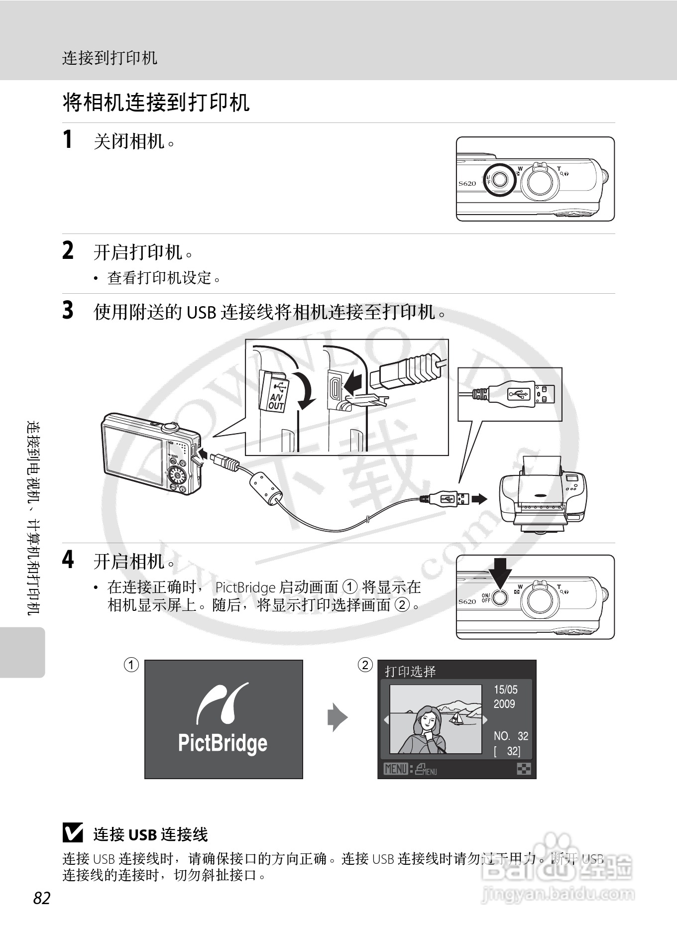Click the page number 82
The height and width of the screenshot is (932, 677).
[42, 898]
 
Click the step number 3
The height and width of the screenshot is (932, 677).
[68, 310]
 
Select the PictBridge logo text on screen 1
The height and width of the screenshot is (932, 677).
[223, 743]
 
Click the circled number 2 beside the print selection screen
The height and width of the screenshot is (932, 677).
[365, 665]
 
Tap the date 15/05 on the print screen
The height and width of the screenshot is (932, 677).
[505, 690]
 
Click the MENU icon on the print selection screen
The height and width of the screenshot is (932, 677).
[396, 769]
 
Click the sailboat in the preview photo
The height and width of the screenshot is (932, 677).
[456, 718]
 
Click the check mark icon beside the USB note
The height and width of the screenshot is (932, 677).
[73, 833]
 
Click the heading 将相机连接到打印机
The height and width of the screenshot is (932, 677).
[156, 103]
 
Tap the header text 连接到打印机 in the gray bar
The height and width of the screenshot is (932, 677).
[110, 58]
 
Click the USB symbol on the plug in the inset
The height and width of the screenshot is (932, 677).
[519, 394]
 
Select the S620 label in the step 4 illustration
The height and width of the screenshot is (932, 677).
[467, 601]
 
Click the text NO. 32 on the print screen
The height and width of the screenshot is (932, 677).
[510, 736]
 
